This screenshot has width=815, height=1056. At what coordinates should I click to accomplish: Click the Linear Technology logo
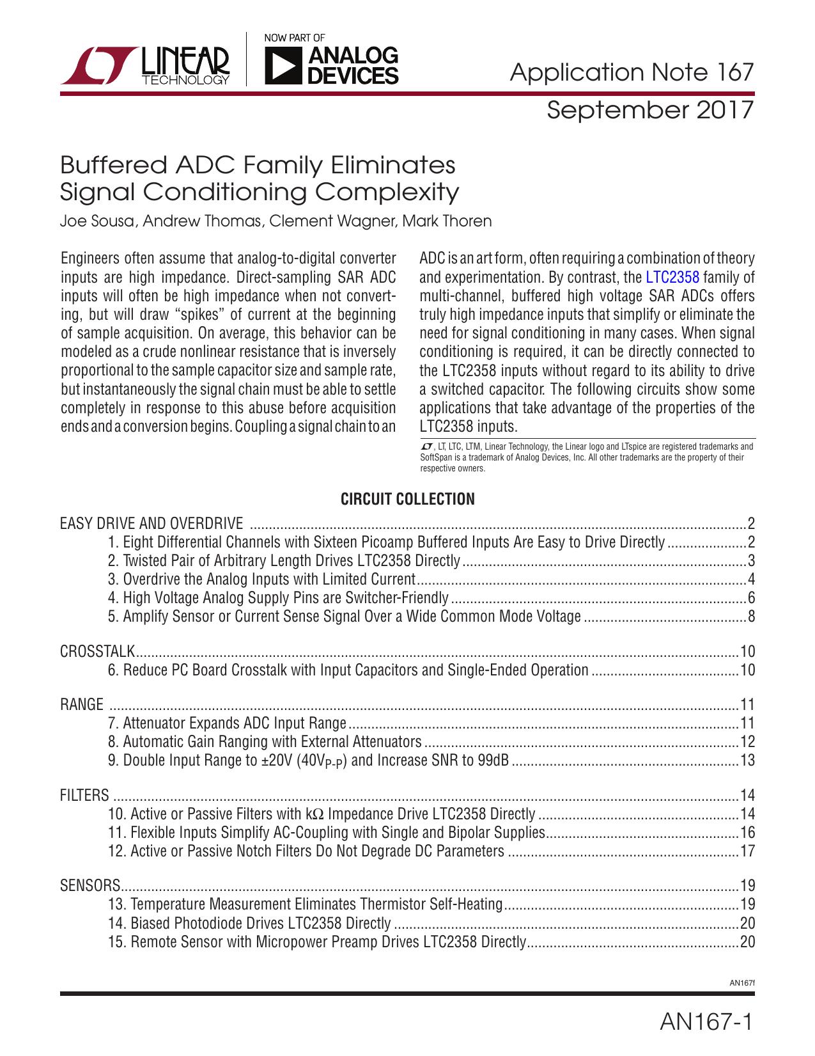point(146,66)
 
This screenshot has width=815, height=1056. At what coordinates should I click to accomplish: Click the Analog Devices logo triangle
point(283,67)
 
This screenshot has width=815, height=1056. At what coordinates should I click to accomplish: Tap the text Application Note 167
point(632,72)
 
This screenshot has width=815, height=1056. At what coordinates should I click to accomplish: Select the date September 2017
point(650,110)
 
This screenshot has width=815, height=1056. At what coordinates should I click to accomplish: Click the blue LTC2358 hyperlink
point(672,278)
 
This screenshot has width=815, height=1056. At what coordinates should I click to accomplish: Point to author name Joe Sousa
point(97,221)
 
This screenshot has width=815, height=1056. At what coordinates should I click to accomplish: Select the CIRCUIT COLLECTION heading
point(407,500)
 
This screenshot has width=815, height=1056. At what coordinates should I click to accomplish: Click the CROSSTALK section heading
point(97,652)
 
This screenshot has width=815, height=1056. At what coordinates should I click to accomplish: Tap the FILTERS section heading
point(84,796)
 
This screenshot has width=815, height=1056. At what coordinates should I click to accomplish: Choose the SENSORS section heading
point(90,886)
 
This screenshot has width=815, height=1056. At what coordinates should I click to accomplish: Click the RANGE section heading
point(81,705)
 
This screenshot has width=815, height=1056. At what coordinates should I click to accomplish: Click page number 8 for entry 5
point(751,617)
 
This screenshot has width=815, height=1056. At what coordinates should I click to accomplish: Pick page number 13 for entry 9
point(748,760)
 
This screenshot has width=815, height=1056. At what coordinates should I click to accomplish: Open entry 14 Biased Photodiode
point(249,923)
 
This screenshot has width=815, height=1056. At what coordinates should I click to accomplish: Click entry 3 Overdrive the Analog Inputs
point(262,579)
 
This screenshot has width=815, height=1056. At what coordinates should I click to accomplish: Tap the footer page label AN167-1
point(706,1022)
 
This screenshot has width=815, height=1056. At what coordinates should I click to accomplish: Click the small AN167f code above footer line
point(741,983)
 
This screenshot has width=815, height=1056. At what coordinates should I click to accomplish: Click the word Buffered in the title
point(113,166)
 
